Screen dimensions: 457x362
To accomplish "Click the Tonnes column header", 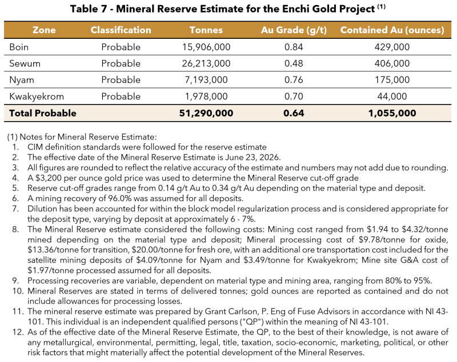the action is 206,30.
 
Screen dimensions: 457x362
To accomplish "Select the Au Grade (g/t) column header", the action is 294,30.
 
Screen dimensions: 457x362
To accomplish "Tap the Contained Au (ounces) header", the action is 392,30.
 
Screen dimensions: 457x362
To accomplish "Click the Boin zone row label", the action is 19,47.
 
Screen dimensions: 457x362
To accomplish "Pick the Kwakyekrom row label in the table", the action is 37,96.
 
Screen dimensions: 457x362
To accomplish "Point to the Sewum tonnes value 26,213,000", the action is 206,63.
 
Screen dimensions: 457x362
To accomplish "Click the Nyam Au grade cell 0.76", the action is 294,80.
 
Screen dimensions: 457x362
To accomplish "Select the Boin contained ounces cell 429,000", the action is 392,47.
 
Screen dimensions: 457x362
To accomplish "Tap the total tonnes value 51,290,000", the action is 206,113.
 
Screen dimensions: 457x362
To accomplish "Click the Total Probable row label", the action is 42,113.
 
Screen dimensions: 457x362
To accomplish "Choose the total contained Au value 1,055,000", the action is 392,113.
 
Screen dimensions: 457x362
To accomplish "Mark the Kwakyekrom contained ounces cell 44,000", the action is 392,96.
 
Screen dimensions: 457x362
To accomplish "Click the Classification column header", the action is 121,30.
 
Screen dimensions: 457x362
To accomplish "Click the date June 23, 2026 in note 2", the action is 252,158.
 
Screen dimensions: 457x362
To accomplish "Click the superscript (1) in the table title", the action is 381,7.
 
